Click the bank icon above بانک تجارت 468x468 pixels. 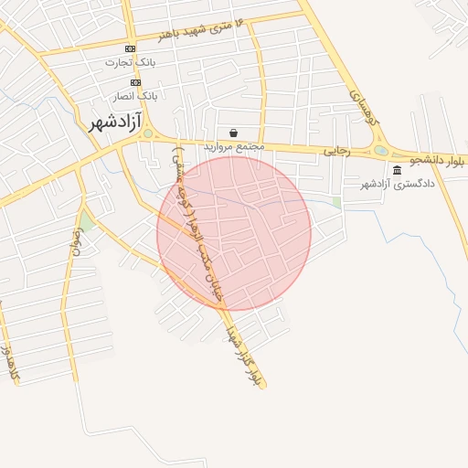130,48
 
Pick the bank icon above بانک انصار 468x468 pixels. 135,82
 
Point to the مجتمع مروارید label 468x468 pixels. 233,146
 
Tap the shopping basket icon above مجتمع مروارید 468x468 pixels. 234,133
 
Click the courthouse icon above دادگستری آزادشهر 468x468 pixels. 397,171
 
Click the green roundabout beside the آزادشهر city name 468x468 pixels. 149,133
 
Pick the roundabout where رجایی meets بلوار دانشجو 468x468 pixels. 380,151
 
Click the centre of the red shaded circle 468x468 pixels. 234,233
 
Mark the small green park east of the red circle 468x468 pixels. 336,202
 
